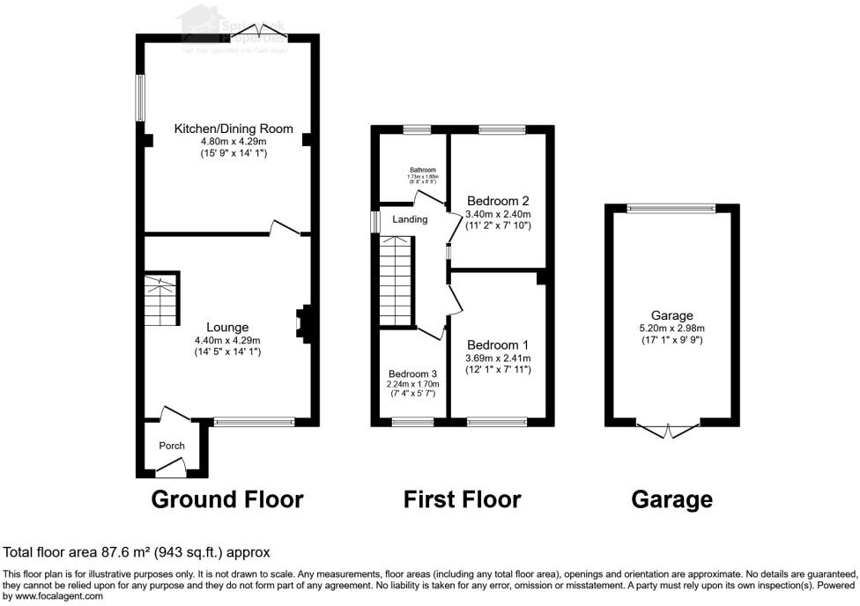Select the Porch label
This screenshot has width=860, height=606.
point(171,446)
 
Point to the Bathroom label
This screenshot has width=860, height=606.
point(422,170)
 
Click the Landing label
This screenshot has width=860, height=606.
point(410,219)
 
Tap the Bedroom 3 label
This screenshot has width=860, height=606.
point(412,373)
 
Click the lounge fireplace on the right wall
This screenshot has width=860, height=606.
point(301,323)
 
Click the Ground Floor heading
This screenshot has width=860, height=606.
point(227,499)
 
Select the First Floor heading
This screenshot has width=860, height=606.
point(462,499)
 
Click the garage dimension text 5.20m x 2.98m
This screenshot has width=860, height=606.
point(672,328)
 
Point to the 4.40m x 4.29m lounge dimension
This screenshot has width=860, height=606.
point(227,340)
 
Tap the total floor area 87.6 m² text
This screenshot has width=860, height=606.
point(137,552)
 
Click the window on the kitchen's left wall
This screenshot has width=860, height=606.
point(138,97)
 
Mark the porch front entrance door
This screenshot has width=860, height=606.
point(172,466)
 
